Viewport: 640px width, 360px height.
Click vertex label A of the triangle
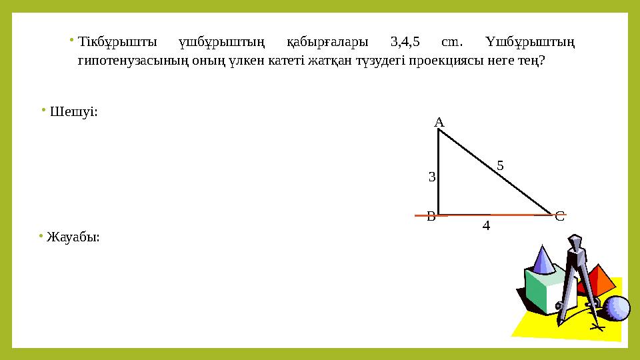pyautogui.click(x=439, y=123)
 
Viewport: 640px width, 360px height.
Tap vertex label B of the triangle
pyautogui.click(x=431, y=216)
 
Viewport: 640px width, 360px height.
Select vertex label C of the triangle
pyautogui.click(x=560, y=216)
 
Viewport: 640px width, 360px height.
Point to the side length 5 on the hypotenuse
pyautogui.click(x=501, y=165)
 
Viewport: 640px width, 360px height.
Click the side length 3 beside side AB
pyautogui.click(x=432, y=177)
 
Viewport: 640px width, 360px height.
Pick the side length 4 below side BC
pyautogui.click(x=486, y=227)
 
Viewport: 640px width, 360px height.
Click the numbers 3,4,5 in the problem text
pyautogui.click(x=405, y=42)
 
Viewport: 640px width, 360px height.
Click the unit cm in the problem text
pyautogui.click(x=452, y=42)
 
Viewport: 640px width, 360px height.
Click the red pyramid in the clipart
pyautogui.click(x=598, y=280)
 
